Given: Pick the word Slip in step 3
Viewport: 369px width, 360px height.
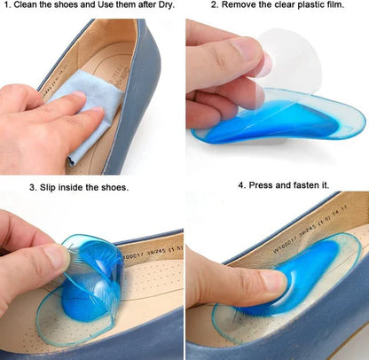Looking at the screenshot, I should [x=50, y=187].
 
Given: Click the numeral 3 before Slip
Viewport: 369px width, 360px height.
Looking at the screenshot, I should [x=32, y=187].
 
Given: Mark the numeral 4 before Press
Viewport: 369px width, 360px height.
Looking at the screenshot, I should [x=241, y=185].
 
